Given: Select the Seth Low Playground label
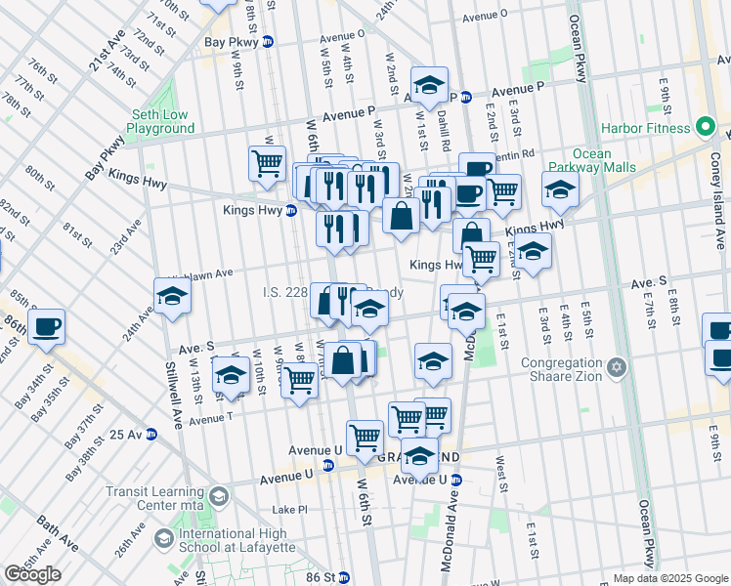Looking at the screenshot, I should coord(159,121).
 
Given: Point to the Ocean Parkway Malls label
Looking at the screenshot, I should coord(591,160).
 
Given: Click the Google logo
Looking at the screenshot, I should coord(33,574).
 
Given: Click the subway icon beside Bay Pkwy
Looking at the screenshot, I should coord(267,42).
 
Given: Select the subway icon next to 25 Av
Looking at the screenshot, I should coord(151,434).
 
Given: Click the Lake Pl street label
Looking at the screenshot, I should coord(289,510).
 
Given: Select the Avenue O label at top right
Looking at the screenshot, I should coord(485,17).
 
